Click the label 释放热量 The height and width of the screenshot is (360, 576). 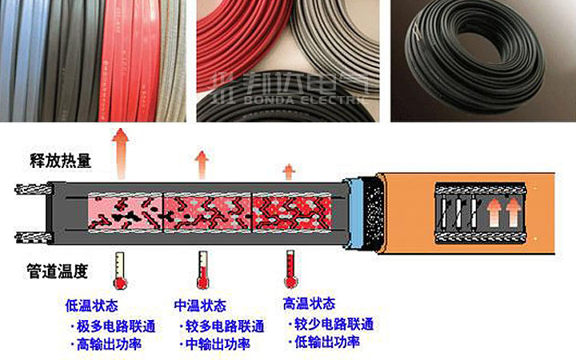pos(60,161)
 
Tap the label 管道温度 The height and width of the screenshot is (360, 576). pos(58,271)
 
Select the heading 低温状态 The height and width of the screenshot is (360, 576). pos(91,306)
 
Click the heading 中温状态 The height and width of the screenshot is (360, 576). pos(200,306)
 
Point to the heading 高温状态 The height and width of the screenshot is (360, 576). pos(309,304)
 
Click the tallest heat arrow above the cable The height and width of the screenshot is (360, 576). pos(120,154)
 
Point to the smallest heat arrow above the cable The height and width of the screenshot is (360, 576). pos(289,172)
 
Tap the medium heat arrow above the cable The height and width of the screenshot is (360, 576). pos(202,165)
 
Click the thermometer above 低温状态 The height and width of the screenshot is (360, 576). pos(120,270)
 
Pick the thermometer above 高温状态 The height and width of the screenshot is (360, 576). pos(290,270)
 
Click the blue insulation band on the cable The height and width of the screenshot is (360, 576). pos(355,213)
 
